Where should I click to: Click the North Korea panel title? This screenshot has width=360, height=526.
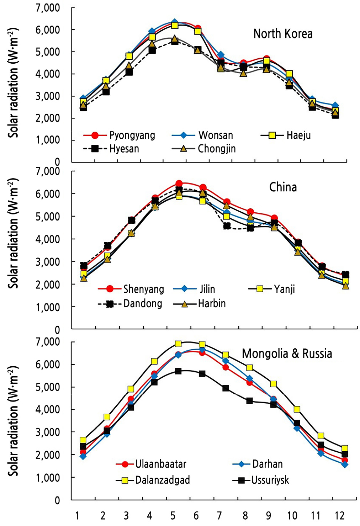pyautogui.click(x=283, y=34)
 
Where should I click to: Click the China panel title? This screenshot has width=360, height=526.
pyautogui.click(x=283, y=187)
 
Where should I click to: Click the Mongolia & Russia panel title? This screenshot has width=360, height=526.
pyautogui.click(x=287, y=354)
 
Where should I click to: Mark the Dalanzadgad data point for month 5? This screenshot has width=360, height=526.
pyautogui.click(x=178, y=344)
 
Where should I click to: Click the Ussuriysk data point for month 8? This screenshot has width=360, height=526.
pyautogui.click(x=249, y=401)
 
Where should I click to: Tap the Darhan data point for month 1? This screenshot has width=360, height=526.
pyautogui.click(x=83, y=456)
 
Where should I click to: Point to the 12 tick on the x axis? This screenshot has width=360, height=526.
pyautogui.click(x=340, y=516)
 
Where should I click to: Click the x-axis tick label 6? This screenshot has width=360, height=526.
pyautogui.click(x=196, y=516)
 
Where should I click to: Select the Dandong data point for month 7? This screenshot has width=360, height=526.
pyautogui.click(x=227, y=226)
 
